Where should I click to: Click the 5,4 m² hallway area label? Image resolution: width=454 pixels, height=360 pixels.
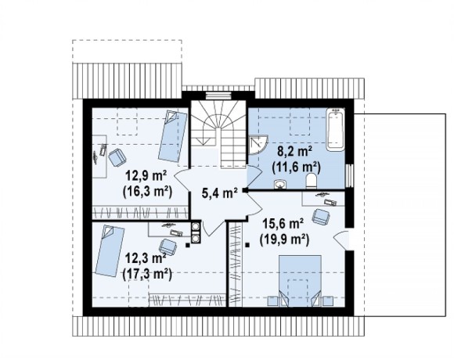(219, 193)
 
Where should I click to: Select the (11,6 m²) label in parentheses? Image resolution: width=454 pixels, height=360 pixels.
(296, 167)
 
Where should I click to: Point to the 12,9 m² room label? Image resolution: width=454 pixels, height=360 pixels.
(146, 176)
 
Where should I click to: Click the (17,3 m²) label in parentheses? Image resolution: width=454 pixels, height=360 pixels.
(147, 274)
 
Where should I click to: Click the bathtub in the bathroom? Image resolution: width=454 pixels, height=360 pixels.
(335, 129)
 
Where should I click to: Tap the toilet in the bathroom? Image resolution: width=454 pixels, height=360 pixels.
(312, 181)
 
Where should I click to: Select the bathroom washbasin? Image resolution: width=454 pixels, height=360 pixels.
(280, 184)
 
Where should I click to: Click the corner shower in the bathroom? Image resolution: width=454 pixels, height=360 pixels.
(258, 146)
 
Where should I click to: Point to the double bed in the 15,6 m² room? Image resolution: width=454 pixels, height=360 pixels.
(300, 280)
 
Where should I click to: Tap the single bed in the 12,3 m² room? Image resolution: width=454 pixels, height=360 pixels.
(110, 251)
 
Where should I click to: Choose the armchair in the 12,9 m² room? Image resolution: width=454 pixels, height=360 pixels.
(117, 157)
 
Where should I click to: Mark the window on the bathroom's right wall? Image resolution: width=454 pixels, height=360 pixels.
(349, 175)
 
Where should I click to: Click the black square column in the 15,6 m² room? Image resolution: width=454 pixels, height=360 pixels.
(247, 245)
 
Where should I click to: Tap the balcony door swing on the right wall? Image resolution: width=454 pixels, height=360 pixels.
(341, 239)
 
